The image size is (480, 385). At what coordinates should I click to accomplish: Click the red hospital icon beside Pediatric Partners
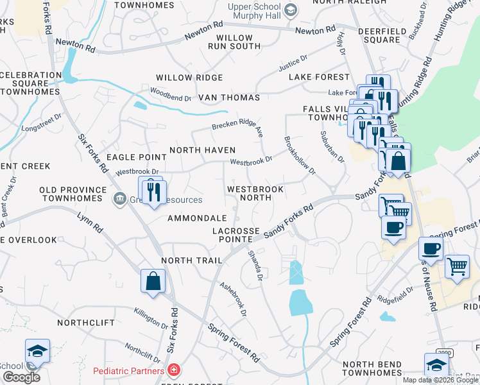pos(173,370)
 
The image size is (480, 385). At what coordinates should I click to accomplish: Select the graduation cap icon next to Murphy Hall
pos(291,10)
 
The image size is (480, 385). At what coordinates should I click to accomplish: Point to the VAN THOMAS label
pos(229,98)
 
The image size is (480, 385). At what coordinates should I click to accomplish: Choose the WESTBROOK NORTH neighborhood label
pos(255,194)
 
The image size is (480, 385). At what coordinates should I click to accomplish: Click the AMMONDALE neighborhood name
pos(197,218)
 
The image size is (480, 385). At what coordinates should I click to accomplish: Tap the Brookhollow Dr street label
pos(300,155)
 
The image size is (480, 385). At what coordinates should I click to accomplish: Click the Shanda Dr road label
pos(255,265)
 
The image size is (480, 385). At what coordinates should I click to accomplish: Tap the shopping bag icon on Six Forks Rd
pos(153,282)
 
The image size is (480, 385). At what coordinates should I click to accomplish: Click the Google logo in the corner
pos(22,377)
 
